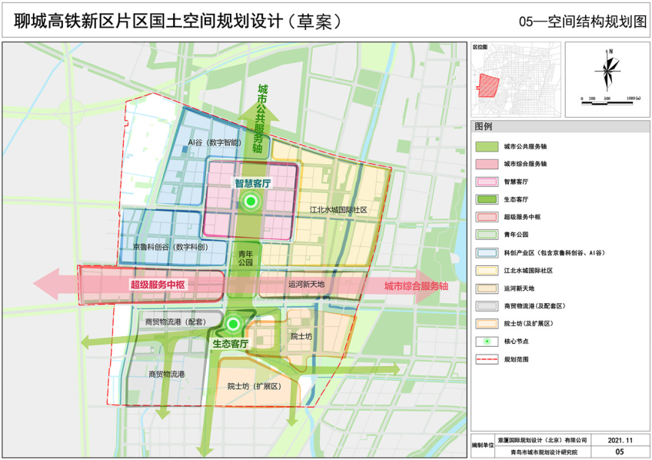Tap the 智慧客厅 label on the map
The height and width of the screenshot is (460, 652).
249,185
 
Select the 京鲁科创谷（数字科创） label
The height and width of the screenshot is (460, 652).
170,247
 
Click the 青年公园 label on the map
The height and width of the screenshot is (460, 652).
245,258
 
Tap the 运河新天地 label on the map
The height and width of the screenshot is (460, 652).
307,284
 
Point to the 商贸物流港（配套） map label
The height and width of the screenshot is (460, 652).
174,322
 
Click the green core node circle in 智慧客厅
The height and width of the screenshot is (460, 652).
249,202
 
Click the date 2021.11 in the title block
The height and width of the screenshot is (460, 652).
620,440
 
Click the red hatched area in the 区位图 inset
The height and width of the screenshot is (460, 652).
489,84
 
